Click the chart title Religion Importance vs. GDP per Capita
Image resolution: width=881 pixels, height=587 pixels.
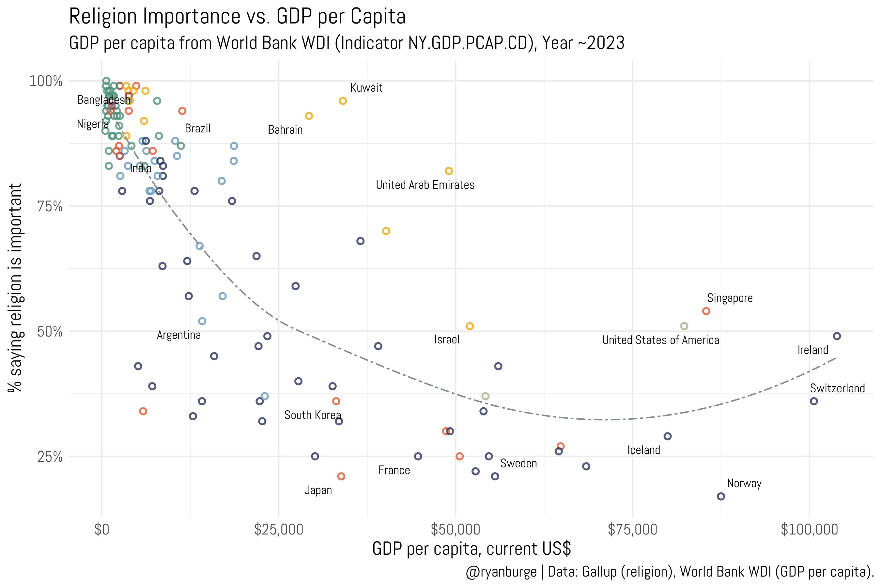point(237,17)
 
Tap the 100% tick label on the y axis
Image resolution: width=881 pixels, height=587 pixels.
point(46,81)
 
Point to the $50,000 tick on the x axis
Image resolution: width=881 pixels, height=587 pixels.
point(455,529)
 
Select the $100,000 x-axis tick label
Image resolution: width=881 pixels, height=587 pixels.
point(809,529)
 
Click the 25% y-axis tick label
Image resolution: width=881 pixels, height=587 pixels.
point(50,457)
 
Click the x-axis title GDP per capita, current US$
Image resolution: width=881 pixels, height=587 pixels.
point(471,549)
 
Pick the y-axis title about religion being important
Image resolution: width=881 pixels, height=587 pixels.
point(16,288)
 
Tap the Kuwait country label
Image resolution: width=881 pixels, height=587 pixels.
point(366,88)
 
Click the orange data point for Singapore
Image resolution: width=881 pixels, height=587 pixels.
point(706,311)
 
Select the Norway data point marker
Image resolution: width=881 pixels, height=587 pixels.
point(721,496)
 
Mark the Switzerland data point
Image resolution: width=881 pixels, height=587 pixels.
point(813,401)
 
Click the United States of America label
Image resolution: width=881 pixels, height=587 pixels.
point(660,340)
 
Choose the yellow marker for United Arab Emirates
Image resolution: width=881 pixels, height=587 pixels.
point(449,171)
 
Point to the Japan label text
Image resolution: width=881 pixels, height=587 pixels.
point(318,490)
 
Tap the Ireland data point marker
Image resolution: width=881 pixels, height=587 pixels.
point(837,336)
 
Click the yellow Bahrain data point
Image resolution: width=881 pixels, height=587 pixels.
point(309,116)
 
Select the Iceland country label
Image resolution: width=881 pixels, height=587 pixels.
point(643,450)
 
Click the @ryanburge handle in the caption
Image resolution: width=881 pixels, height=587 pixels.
point(501,572)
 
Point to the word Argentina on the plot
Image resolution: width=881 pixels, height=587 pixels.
point(179,335)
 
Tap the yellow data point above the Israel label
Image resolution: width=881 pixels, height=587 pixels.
point(470,326)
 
